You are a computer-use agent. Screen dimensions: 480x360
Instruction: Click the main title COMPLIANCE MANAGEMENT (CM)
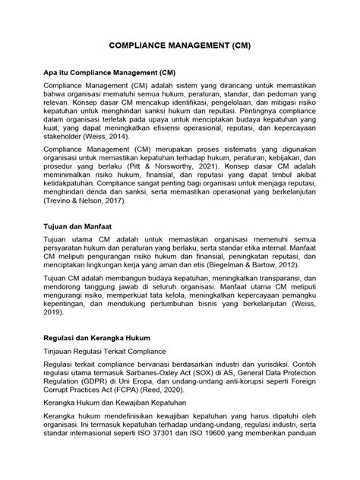(180, 46)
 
